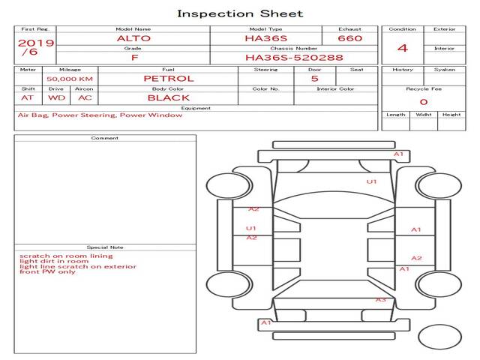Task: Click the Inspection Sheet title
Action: (x=240, y=13)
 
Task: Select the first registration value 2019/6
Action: (x=36, y=47)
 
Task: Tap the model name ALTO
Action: (x=133, y=38)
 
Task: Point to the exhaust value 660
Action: (x=350, y=38)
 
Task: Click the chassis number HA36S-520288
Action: (x=294, y=58)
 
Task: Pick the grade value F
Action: (x=134, y=58)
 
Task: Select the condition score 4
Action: (x=403, y=48)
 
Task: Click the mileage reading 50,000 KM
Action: (x=70, y=79)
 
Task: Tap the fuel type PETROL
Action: (x=169, y=79)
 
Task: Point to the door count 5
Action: (x=315, y=79)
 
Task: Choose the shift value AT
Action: (x=27, y=98)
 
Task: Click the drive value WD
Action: (x=57, y=98)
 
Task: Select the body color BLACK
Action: (x=169, y=98)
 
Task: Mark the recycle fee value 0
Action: (x=424, y=102)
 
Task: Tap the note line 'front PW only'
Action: (x=47, y=271)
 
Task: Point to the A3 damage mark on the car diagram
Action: (x=381, y=300)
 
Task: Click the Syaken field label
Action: (x=445, y=70)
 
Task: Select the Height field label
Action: (x=451, y=115)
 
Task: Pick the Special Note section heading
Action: (x=105, y=247)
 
